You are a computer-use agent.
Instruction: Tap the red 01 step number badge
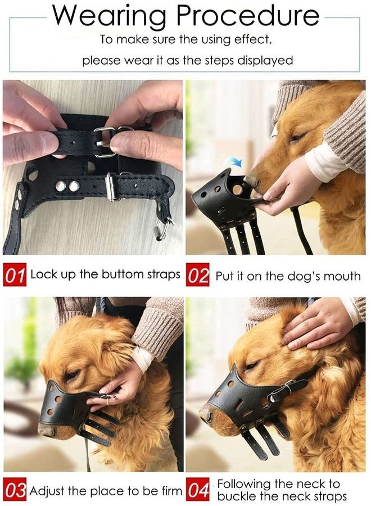[x=15, y=275]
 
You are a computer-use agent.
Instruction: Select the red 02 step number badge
[x=199, y=276]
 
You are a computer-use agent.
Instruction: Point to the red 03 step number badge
[x=15, y=491]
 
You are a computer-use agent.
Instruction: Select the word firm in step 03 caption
[x=169, y=491]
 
